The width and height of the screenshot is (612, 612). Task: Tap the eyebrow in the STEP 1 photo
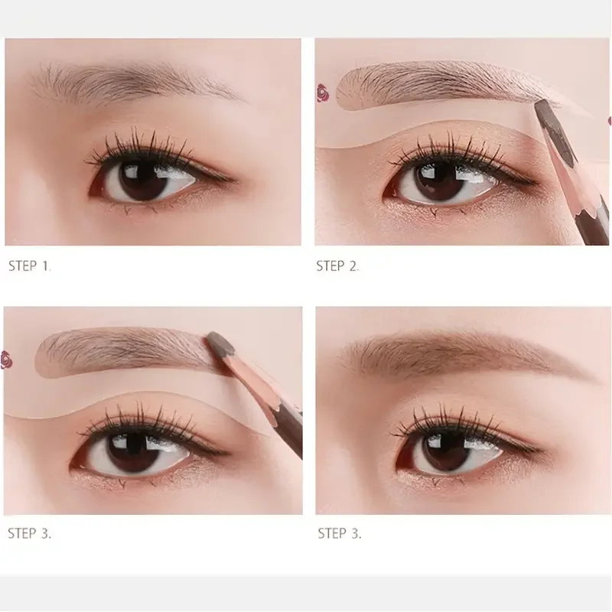tap(130, 81)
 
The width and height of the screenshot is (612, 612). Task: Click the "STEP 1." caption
tap(30, 266)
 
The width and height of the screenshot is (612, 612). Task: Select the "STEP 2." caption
tap(337, 266)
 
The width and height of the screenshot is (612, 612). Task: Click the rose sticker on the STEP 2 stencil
tap(321, 95)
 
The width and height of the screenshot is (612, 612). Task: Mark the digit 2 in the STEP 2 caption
tap(353, 266)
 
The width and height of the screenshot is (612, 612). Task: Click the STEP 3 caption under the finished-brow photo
tap(340, 533)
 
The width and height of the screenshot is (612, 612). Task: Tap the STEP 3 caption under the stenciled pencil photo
tap(30, 533)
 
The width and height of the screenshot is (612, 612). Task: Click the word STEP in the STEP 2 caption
tap(331, 266)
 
